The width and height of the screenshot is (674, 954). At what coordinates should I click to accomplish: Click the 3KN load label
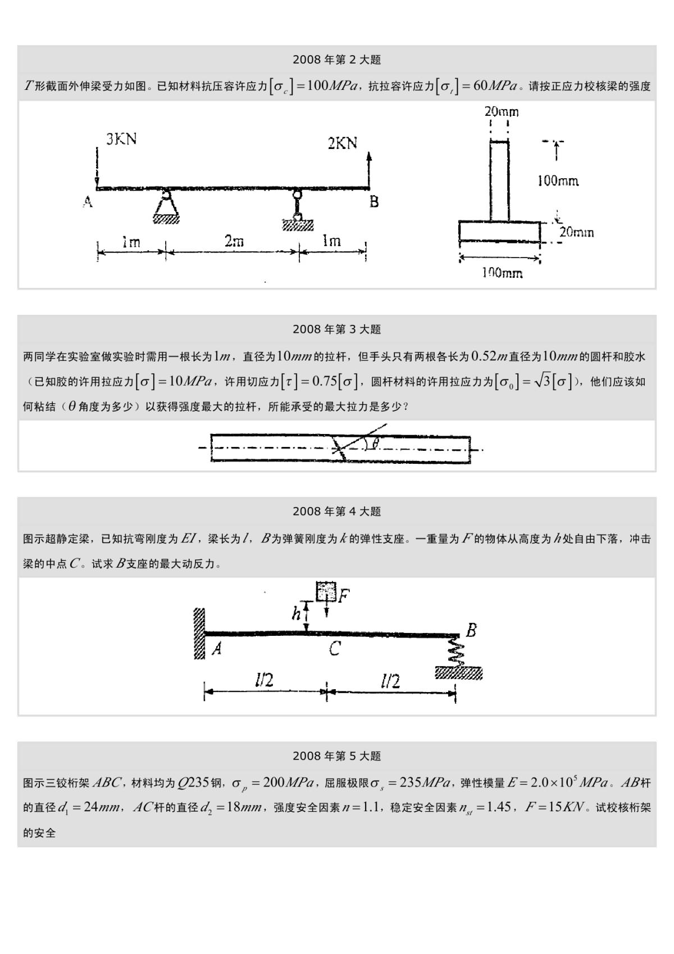tap(121, 139)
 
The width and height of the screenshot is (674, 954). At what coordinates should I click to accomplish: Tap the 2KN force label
tap(343, 143)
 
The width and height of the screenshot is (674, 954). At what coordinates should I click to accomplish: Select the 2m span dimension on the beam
tap(234, 241)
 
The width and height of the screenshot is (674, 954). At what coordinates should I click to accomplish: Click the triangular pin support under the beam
tap(166, 208)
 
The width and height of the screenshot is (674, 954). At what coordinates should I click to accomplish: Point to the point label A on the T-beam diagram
tap(88, 202)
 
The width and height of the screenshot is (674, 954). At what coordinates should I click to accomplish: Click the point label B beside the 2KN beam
tap(374, 202)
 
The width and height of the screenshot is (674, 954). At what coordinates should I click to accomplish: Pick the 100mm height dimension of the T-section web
tap(558, 181)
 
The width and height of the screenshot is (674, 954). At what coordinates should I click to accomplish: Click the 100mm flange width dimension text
tap(502, 273)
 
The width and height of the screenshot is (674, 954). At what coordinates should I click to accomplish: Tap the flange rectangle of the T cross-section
tap(499, 231)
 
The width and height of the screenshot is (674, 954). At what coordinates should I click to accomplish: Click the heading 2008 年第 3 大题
tap(336, 329)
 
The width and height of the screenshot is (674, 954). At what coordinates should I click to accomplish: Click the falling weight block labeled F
tap(326, 592)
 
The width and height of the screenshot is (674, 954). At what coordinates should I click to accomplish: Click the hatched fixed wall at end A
tap(199, 633)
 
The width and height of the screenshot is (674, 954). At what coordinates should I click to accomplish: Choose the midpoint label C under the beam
tap(334, 649)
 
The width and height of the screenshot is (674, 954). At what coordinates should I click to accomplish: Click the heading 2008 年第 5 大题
tap(336, 756)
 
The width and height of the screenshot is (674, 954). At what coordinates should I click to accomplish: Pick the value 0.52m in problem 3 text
tap(489, 356)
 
